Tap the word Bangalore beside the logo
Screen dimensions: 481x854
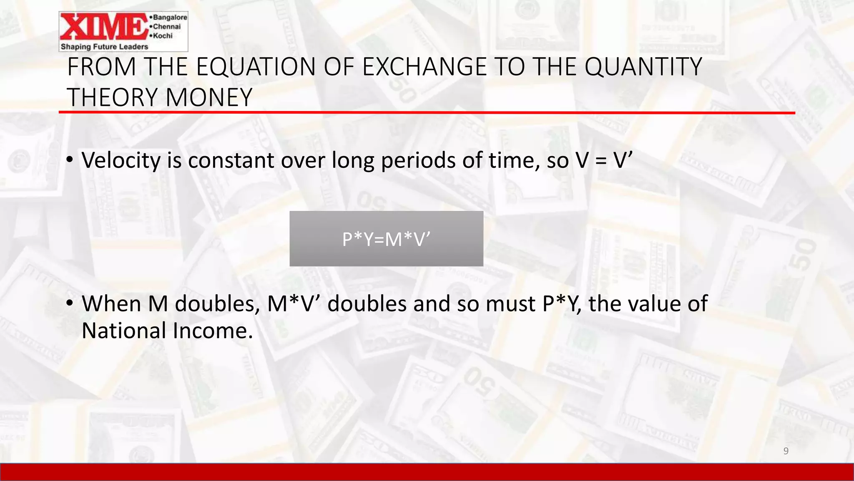pyautogui.click(x=170, y=17)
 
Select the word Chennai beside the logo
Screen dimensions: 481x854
pyautogui.click(x=167, y=26)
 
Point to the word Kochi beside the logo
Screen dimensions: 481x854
pyautogui.click(x=163, y=35)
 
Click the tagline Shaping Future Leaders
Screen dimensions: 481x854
pyautogui.click(x=104, y=46)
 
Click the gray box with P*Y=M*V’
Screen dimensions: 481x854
pyautogui.click(x=386, y=239)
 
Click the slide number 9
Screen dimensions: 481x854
pyautogui.click(x=786, y=451)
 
